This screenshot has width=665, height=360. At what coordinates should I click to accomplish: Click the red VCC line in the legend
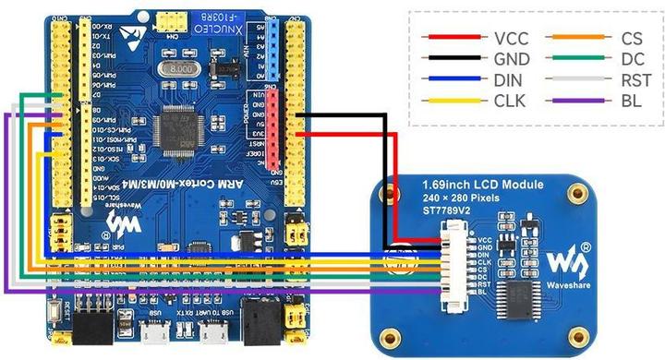point(453,38)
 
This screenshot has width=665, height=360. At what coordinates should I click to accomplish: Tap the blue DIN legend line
point(453,80)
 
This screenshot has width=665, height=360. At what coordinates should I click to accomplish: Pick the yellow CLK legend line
point(453,101)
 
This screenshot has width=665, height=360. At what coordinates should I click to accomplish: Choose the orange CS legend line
point(578,38)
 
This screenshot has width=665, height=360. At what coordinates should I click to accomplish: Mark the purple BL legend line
point(578,101)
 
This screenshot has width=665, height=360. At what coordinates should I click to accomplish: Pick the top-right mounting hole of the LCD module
point(578,191)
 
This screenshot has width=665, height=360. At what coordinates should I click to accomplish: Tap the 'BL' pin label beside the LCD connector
point(483,294)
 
